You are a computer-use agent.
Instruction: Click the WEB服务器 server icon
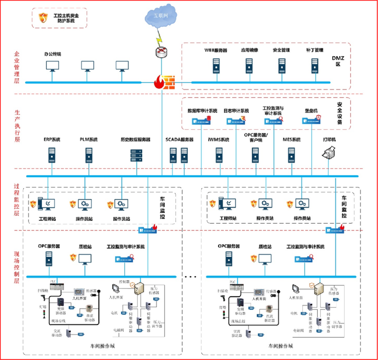(216, 65)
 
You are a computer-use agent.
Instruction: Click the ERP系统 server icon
(52, 155)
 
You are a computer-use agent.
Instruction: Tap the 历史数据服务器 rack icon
(136, 155)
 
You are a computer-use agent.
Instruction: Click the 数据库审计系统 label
(202, 111)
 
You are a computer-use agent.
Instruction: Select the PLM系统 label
(88, 140)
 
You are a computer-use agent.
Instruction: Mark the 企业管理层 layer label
(17, 67)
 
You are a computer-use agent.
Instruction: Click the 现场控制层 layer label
(17, 268)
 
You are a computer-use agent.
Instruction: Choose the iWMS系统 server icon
(219, 155)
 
